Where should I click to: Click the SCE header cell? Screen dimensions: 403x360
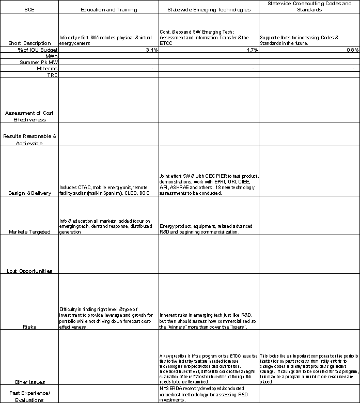30,10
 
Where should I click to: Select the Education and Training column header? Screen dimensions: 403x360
108,10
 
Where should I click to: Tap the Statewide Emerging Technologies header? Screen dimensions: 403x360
209,10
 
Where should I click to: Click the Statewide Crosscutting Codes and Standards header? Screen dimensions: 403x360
309,7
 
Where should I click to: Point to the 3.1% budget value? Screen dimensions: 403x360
151,50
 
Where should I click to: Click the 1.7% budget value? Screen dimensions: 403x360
252,50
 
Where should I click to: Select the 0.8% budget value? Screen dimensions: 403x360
353,50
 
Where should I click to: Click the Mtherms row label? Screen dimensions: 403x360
47,68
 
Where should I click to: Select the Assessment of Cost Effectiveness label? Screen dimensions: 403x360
30,116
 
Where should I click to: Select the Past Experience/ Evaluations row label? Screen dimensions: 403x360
30,395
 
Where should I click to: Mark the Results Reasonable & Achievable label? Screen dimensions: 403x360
30,139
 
